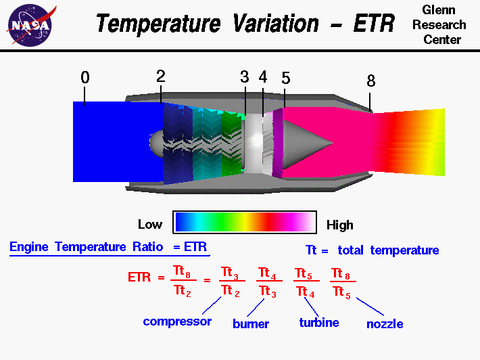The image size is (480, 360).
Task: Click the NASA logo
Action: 28,24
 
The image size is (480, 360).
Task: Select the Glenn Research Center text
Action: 443,24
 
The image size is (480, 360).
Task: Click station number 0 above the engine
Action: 85,78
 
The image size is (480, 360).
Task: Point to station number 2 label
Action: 160,76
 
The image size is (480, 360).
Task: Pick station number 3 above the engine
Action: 245,77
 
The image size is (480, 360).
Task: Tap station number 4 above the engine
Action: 262,77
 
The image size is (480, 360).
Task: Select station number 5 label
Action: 286,78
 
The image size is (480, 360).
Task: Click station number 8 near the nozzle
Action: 370,81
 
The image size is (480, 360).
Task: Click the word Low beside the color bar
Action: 150,224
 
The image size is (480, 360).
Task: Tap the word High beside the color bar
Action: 339,225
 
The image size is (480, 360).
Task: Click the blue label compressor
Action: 177,321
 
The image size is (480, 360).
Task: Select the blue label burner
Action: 251,324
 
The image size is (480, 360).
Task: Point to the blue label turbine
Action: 318,323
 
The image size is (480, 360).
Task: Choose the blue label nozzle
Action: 385,324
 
